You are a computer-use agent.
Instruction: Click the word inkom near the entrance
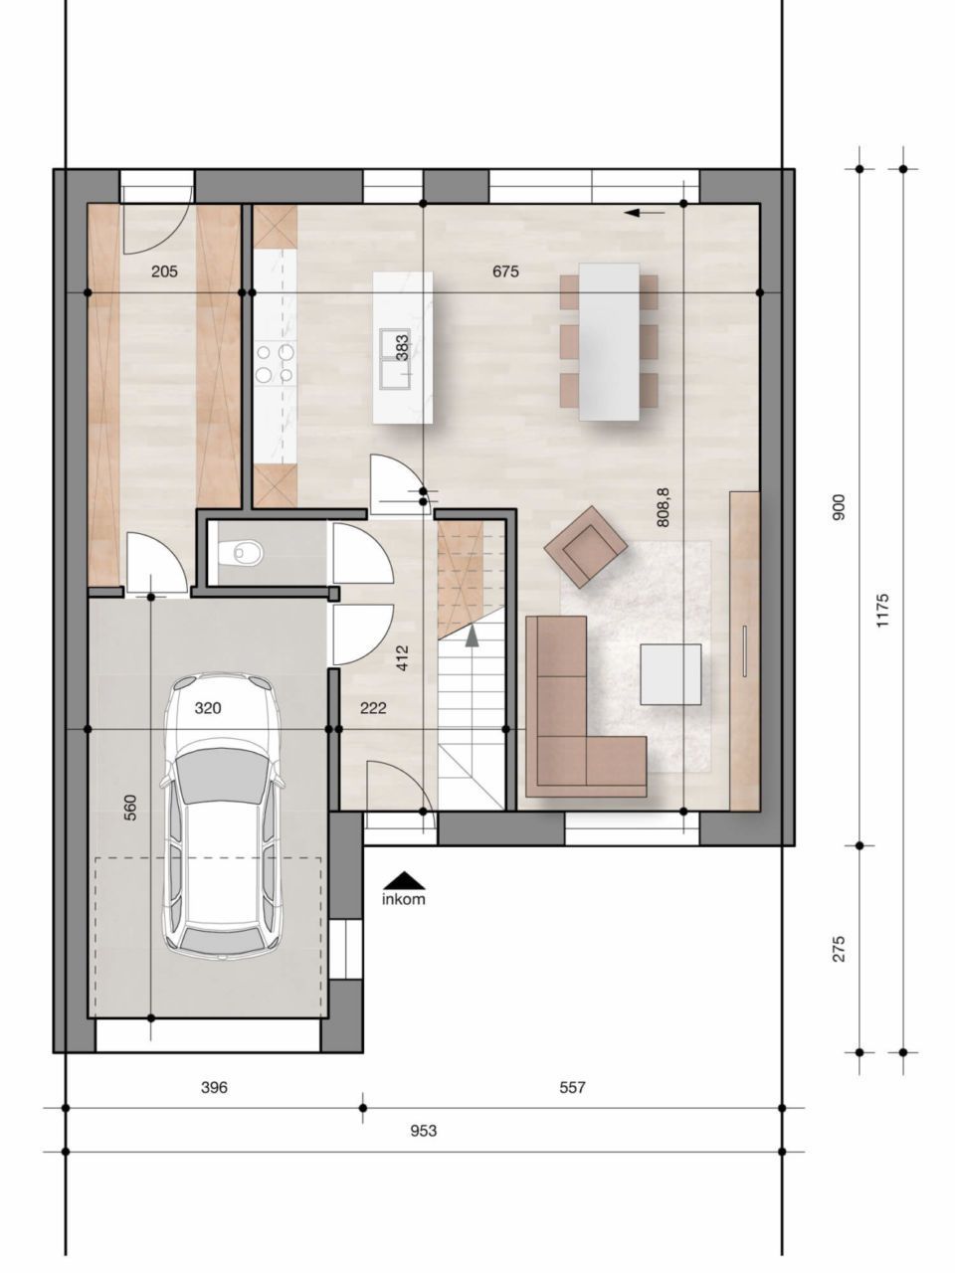click(403, 900)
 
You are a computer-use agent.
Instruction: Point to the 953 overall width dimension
click(423, 1131)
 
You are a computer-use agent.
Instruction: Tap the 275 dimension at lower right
click(839, 948)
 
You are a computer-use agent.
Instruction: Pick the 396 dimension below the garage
click(214, 1088)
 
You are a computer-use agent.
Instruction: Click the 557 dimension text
click(572, 1088)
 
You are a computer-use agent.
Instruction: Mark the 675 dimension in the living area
click(505, 272)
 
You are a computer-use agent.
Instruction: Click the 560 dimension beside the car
click(129, 808)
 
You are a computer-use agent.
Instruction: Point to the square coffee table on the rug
click(670, 674)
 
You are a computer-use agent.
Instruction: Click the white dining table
click(609, 340)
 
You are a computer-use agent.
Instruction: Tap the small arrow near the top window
click(646, 212)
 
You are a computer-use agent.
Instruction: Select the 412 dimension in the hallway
click(402, 657)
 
